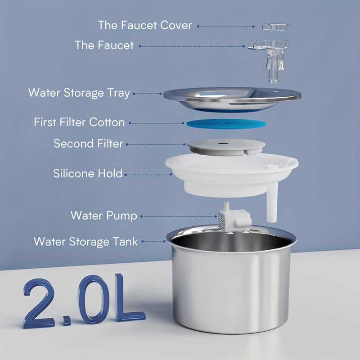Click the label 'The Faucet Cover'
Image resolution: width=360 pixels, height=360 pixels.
tap(145, 26)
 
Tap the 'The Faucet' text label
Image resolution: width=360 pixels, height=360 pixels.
tap(104, 45)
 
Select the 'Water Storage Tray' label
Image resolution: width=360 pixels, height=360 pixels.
tap(79, 93)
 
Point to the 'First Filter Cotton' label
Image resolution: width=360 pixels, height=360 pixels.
tap(79, 122)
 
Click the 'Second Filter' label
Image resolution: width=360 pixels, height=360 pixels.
tap(88, 144)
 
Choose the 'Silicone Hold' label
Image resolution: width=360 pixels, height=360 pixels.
tap(88, 173)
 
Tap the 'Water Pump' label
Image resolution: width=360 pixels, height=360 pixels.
tap(103, 216)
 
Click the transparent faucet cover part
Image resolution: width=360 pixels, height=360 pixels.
tap(274, 27)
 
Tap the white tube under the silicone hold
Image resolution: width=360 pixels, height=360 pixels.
tap(271, 207)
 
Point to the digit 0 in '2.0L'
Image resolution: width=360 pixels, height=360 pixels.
tap(91, 300)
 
